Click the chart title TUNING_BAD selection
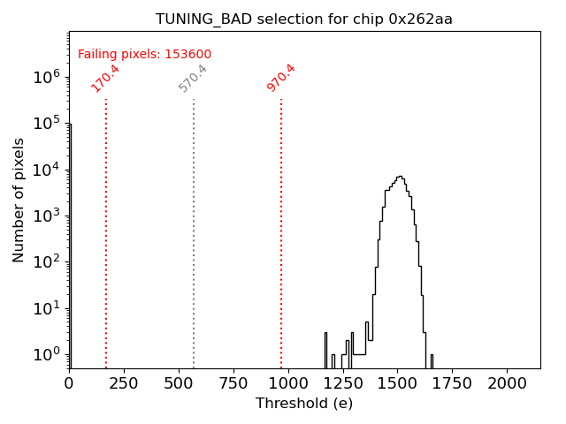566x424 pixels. tap(256, 19)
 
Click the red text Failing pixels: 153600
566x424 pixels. tap(144, 55)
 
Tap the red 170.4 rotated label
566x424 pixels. tap(105, 78)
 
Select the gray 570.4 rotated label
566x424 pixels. tap(193, 78)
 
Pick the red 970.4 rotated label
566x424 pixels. tap(281, 78)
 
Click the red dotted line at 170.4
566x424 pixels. tap(106, 230)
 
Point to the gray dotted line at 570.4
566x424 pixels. tap(194, 230)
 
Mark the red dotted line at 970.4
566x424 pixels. tap(281, 230)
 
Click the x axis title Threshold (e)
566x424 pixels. tap(304, 404)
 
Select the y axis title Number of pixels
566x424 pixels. tap(19, 200)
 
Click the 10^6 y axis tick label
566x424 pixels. tap(47, 77)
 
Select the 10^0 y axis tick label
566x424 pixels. tap(47, 354)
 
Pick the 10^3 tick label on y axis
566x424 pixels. tap(47, 216)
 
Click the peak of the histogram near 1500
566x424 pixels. tap(400, 177)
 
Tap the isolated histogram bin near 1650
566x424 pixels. tap(432, 360)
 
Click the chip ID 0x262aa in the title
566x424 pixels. tap(420, 19)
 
